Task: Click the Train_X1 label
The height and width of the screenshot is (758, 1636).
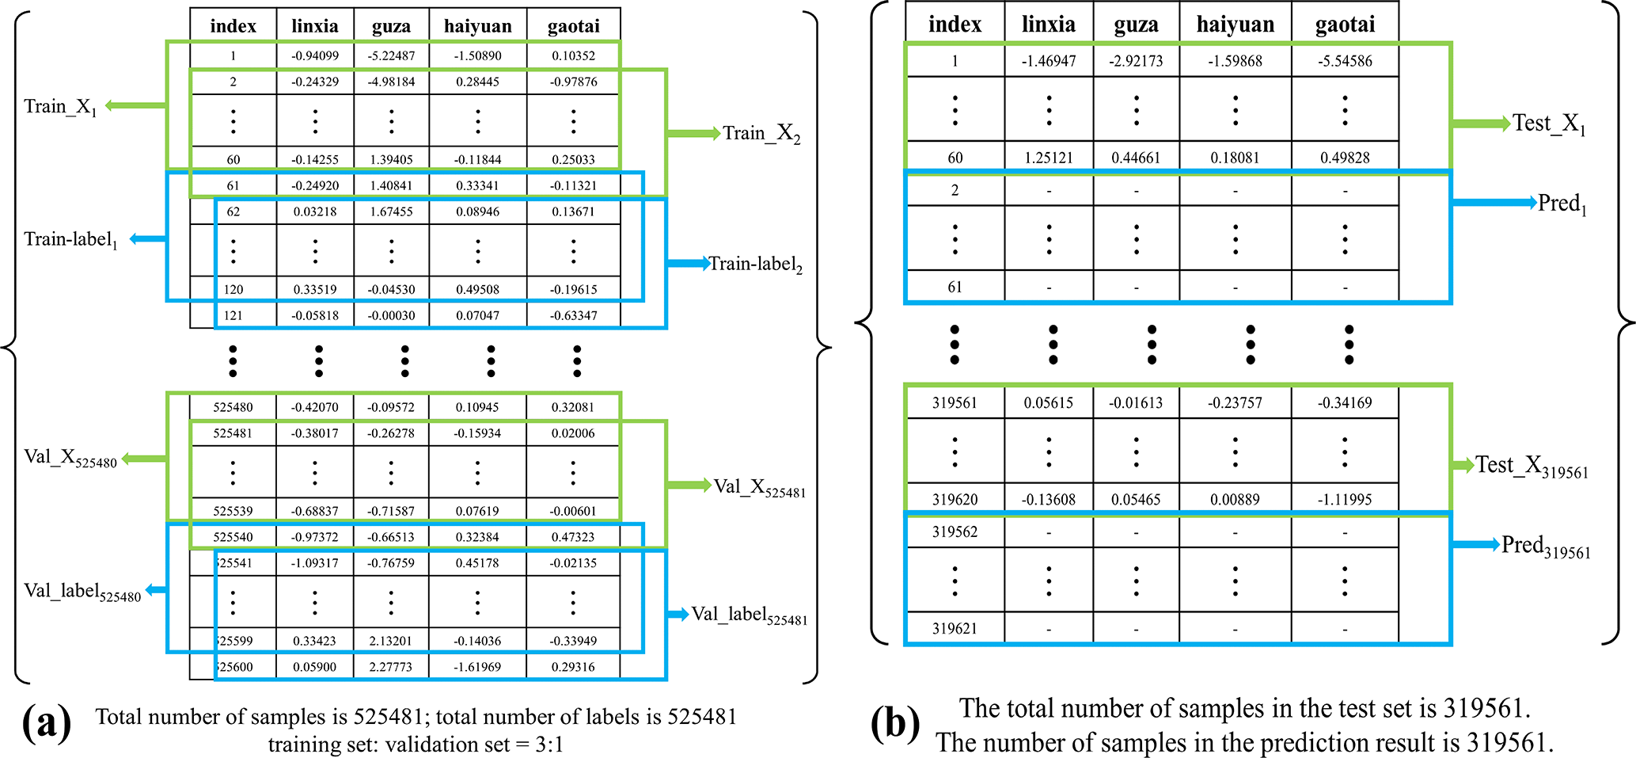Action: click(x=60, y=107)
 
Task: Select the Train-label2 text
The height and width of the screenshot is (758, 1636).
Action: click(x=755, y=264)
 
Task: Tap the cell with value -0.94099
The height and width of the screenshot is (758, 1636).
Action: click(x=315, y=55)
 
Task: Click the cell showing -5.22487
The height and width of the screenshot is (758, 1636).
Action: click(x=391, y=55)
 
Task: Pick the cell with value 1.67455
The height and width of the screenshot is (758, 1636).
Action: click(x=391, y=211)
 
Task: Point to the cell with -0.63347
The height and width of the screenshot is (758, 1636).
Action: click(x=573, y=315)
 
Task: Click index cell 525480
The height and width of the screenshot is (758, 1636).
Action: click(x=233, y=407)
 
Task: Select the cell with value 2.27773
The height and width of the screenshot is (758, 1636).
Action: click(x=391, y=667)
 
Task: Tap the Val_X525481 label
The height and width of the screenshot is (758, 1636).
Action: click(x=759, y=487)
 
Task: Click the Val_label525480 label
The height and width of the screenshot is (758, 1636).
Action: click(x=82, y=592)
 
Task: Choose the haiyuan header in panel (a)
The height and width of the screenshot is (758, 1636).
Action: click(x=477, y=26)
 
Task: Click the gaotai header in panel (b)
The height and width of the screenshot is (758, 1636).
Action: click(x=1345, y=25)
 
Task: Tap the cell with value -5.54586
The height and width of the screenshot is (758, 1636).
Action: click(x=1345, y=61)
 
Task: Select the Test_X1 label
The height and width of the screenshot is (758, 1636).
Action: click(x=1549, y=124)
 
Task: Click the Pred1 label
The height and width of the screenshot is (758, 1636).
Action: click(x=1562, y=204)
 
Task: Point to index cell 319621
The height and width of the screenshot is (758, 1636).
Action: click(x=955, y=629)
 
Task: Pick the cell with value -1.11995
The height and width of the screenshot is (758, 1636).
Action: click(x=1345, y=500)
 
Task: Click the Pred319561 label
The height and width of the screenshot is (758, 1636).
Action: click(x=1546, y=547)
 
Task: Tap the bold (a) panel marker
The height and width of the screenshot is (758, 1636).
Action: click(x=47, y=722)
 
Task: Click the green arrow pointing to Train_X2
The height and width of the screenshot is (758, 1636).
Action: click(x=693, y=133)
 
